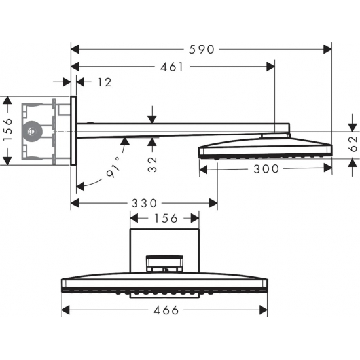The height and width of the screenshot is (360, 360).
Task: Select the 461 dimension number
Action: click(x=172, y=66)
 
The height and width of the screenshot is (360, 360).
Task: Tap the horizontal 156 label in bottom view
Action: click(x=166, y=218)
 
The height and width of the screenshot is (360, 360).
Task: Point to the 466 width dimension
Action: click(x=166, y=310)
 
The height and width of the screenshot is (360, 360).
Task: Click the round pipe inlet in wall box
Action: click(x=30, y=131)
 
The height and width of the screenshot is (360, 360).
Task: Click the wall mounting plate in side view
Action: click(x=74, y=131)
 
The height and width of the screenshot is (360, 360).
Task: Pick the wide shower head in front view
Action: click(x=166, y=284)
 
